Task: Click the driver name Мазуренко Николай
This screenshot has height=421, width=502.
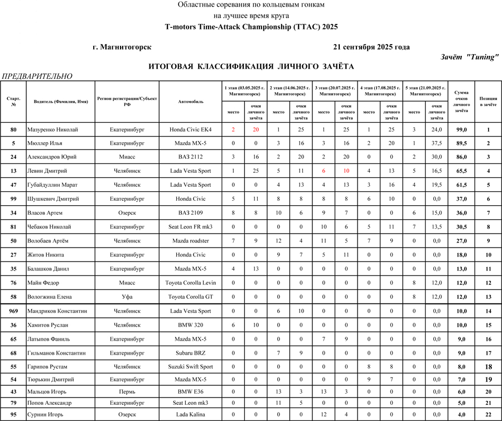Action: point(52,130)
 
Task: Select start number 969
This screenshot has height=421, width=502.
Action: point(13,311)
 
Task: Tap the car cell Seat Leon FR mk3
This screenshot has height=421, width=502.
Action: point(191,227)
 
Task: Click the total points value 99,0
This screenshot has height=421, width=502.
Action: point(461,130)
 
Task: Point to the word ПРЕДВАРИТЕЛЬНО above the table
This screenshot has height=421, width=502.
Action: point(37,76)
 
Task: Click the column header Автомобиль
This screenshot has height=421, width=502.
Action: point(191,102)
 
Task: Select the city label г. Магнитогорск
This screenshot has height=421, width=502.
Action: point(122,47)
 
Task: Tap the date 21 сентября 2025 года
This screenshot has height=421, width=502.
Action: point(371,47)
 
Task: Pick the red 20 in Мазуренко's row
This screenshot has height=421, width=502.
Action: point(256,130)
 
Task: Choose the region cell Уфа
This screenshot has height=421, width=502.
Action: point(127,297)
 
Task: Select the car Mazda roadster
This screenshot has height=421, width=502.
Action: point(191,241)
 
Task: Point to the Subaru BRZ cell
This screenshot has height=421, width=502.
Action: point(191,352)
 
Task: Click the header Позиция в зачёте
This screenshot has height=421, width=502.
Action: point(488,102)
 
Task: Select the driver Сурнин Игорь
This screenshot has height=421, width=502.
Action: point(45,414)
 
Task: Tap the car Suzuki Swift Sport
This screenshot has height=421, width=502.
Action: point(191,366)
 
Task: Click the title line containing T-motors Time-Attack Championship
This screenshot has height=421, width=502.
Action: point(251,27)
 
